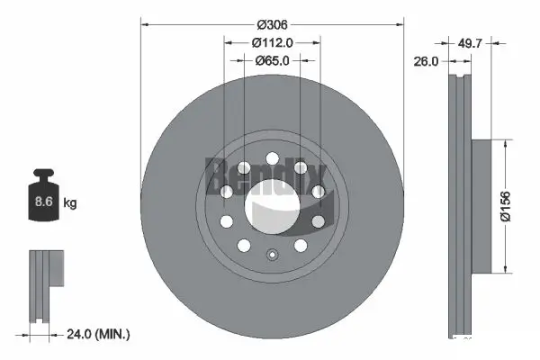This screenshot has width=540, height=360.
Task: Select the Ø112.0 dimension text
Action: point(272,41)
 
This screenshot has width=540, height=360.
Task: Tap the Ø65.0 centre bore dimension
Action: point(272,61)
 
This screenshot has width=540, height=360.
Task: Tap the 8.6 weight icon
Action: point(42,201)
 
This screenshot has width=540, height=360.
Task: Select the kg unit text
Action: point(71,203)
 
